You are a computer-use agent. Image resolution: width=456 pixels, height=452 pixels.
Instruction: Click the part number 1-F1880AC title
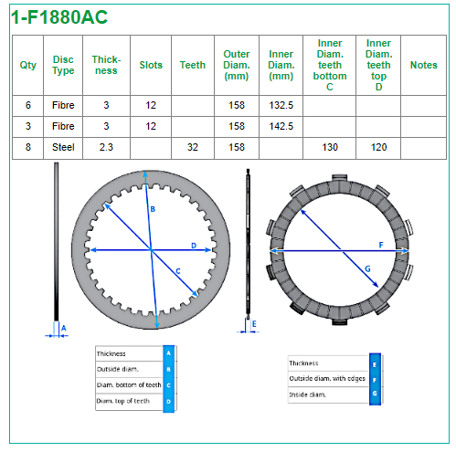pyautogui.click(x=59, y=17)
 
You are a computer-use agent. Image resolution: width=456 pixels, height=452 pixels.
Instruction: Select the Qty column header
pyautogui.click(x=28, y=65)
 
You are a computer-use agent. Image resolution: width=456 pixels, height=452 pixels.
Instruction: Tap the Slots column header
pyautogui.click(x=151, y=65)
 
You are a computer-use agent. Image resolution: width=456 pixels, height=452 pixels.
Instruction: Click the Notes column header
pyautogui.click(x=423, y=65)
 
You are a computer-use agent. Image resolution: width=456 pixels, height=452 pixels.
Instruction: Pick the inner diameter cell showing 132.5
pyautogui.click(x=281, y=105)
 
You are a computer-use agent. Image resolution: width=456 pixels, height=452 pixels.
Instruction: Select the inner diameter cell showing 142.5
pyautogui.click(x=281, y=126)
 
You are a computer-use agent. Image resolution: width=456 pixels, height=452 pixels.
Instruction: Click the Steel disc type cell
pyautogui.click(x=63, y=147)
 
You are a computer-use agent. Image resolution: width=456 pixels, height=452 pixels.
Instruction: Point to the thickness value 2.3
pyautogui.click(x=106, y=147)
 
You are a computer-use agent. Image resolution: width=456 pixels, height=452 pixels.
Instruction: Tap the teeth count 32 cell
pyautogui.click(x=193, y=147)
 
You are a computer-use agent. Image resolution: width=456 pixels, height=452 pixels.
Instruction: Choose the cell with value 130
pyautogui.click(x=330, y=147)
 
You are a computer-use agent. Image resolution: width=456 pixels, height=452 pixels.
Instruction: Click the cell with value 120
pyautogui.click(x=378, y=147)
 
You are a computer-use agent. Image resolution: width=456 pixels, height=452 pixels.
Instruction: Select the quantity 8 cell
pyautogui.click(x=28, y=147)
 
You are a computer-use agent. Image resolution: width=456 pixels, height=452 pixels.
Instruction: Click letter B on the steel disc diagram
pyautogui.click(x=153, y=209)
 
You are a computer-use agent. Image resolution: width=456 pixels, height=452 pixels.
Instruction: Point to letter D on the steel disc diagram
pyautogui.click(x=194, y=246)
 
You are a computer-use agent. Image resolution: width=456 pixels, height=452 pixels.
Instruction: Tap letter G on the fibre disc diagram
pyautogui.click(x=367, y=268)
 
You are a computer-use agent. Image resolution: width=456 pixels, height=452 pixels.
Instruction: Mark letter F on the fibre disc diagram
pyautogui.click(x=381, y=245)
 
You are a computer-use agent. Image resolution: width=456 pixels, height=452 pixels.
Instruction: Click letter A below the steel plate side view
pyautogui.click(x=64, y=328)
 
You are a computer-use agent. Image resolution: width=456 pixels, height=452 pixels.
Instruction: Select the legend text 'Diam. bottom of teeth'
pyautogui.click(x=129, y=385)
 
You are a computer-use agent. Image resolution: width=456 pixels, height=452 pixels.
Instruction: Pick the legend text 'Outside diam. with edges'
pyautogui.click(x=327, y=378)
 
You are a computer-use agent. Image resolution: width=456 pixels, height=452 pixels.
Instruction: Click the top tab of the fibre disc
pyautogui.click(x=339, y=178)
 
